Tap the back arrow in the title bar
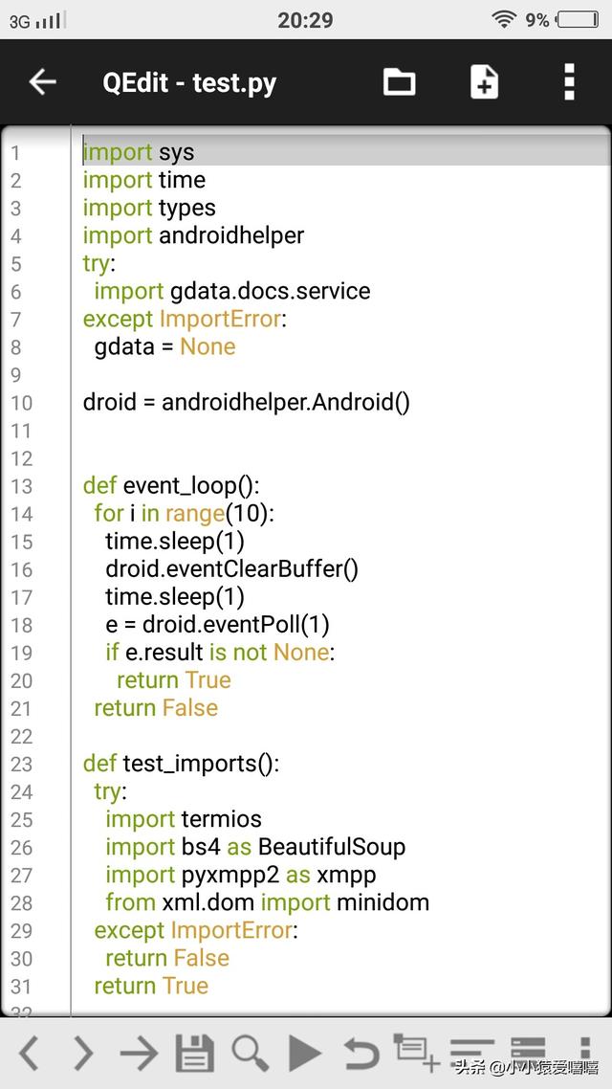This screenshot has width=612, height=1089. click(42, 82)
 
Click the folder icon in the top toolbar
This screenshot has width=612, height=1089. click(399, 82)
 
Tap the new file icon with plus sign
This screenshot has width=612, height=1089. click(484, 82)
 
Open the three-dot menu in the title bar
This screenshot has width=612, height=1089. click(569, 82)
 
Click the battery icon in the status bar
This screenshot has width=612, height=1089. click(579, 19)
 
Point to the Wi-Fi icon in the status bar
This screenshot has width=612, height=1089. click(504, 19)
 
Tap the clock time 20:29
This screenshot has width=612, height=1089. click(305, 19)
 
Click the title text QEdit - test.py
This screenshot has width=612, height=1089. click(189, 82)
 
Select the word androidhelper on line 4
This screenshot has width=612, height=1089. click(231, 235)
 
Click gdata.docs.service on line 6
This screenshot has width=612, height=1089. click(270, 291)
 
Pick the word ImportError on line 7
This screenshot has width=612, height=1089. click(221, 319)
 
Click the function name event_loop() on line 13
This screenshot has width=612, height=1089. click(191, 485)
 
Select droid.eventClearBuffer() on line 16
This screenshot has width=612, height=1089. click(231, 568)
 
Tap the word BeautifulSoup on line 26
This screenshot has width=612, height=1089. click(332, 847)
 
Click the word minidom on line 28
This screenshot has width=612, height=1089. click(383, 902)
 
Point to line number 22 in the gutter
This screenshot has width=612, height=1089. click(21, 736)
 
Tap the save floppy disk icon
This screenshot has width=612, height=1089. click(194, 1053)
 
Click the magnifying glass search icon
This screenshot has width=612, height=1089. click(250, 1053)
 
